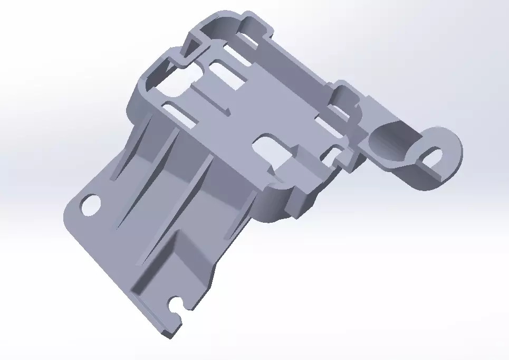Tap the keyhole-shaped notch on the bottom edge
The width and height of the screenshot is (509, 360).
(176, 305)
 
